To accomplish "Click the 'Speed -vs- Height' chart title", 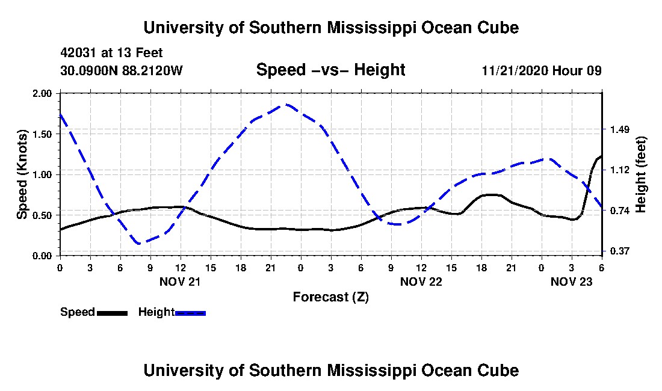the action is [330, 70].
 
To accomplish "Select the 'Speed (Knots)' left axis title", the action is [22, 174].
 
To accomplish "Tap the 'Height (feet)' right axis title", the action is [640, 174].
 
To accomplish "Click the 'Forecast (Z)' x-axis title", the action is [330, 297].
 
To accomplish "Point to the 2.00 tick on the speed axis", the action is [42, 93].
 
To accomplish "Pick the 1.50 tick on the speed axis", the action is [42, 134].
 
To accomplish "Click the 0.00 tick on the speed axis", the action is [42, 256].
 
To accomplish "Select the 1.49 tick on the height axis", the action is [620, 129].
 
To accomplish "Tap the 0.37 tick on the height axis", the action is [620, 251].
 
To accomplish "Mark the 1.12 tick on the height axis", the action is [620, 170].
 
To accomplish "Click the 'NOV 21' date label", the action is [180, 282].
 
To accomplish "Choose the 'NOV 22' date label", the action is [421, 282].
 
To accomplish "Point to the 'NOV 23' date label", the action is [571, 282].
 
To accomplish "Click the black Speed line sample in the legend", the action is [112, 313].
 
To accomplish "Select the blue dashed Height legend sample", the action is [190, 313].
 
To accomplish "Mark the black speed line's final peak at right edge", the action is [601, 156].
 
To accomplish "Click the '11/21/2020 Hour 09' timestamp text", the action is [542, 70].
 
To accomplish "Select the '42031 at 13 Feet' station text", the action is [111, 53].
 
